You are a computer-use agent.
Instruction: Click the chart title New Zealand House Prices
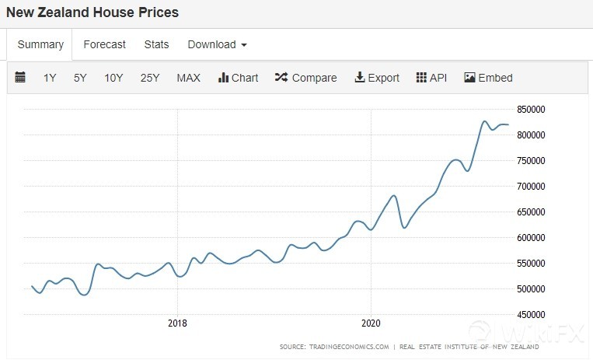click(x=92, y=12)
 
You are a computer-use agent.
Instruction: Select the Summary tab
click(x=40, y=44)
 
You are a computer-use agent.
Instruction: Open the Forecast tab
click(x=104, y=44)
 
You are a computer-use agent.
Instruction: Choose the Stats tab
click(x=156, y=44)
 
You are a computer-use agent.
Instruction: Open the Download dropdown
click(x=217, y=44)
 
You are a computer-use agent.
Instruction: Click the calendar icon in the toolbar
click(x=20, y=78)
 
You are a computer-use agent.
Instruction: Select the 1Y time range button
click(x=50, y=78)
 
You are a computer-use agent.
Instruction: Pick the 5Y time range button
click(x=80, y=78)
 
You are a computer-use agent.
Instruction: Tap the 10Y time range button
click(x=113, y=78)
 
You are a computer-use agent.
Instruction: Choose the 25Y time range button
click(x=150, y=78)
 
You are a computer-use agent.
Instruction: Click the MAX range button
click(x=188, y=78)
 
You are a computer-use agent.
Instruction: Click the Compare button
click(x=305, y=78)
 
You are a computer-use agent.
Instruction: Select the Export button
click(x=377, y=78)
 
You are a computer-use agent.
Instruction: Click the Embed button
click(x=488, y=78)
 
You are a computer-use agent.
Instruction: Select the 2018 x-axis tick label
click(x=177, y=323)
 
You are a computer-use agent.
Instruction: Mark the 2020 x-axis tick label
click(x=371, y=323)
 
